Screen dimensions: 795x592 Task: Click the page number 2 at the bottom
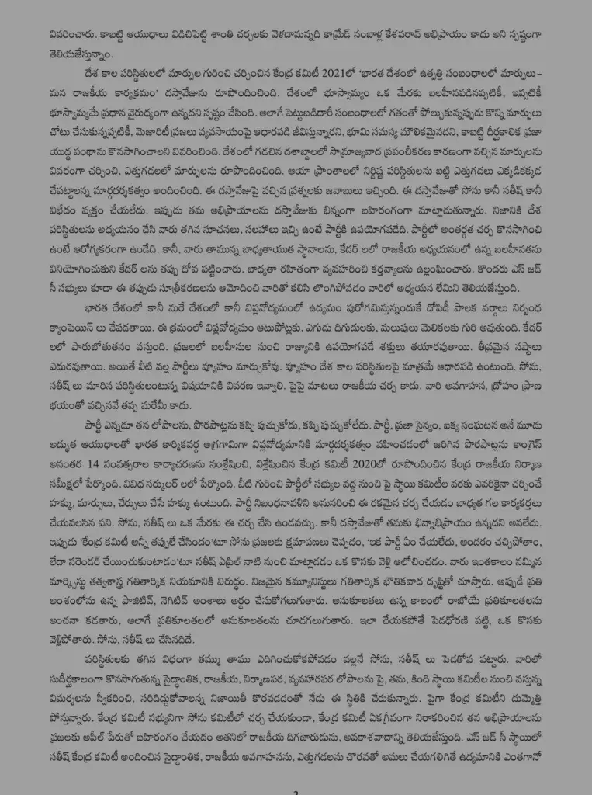click(296, 790)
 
